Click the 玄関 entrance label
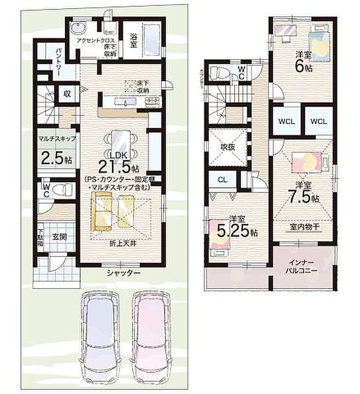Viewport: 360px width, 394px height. coord(59,237)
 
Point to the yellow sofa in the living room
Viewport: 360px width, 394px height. coord(103,211)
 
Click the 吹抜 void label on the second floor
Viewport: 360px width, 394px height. coord(229,147)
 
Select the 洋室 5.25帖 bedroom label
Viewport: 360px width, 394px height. coord(237,226)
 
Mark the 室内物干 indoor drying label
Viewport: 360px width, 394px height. coord(303,227)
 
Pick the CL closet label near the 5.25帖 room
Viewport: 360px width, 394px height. coord(222,179)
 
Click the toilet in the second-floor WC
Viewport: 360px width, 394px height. coord(219,73)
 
